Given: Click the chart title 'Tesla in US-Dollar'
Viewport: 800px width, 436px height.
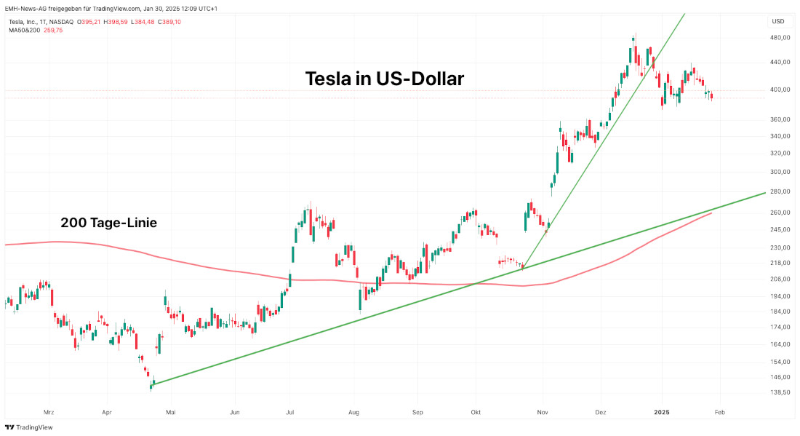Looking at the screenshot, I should point(384,79).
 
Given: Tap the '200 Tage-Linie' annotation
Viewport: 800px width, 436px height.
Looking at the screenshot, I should point(108,223).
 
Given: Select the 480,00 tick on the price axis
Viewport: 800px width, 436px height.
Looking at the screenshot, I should point(780,38).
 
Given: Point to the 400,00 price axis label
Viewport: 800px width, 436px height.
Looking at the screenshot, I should point(780,90).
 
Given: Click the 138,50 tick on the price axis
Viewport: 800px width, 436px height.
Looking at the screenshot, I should point(780,392).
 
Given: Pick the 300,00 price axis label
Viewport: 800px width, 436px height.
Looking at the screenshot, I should point(780,172).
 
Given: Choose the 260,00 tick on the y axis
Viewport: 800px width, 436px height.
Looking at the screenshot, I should point(780,213).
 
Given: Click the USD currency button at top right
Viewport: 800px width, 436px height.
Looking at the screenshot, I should point(778,21).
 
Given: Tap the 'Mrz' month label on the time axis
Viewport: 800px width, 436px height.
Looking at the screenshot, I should point(49,411).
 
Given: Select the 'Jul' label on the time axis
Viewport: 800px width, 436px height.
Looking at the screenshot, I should point(290,411).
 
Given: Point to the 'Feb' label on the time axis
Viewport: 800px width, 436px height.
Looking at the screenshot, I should point(719,411).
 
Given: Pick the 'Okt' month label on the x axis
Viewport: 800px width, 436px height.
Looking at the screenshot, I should point(476,411).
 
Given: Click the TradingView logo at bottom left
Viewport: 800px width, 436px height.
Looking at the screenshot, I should point(23,427).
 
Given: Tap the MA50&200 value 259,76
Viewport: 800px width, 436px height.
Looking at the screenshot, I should point(54,30).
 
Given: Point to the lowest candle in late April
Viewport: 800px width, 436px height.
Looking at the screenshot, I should point(151,386).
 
